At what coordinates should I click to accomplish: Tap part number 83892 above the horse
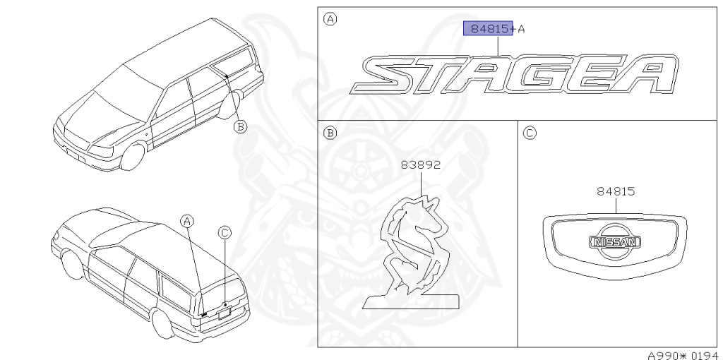point(420,164)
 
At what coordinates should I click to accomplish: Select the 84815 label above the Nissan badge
point(616,191)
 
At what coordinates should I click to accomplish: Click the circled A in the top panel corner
point(330,19)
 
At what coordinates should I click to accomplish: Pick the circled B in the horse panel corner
point(330,133)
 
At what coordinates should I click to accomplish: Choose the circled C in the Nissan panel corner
point(530,133)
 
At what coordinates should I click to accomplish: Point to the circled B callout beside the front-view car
point(240,126)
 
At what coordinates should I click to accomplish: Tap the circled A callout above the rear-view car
point(186,222)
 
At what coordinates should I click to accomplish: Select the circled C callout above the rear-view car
point(225,233)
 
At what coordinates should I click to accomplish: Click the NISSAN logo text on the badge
point(615,242)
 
